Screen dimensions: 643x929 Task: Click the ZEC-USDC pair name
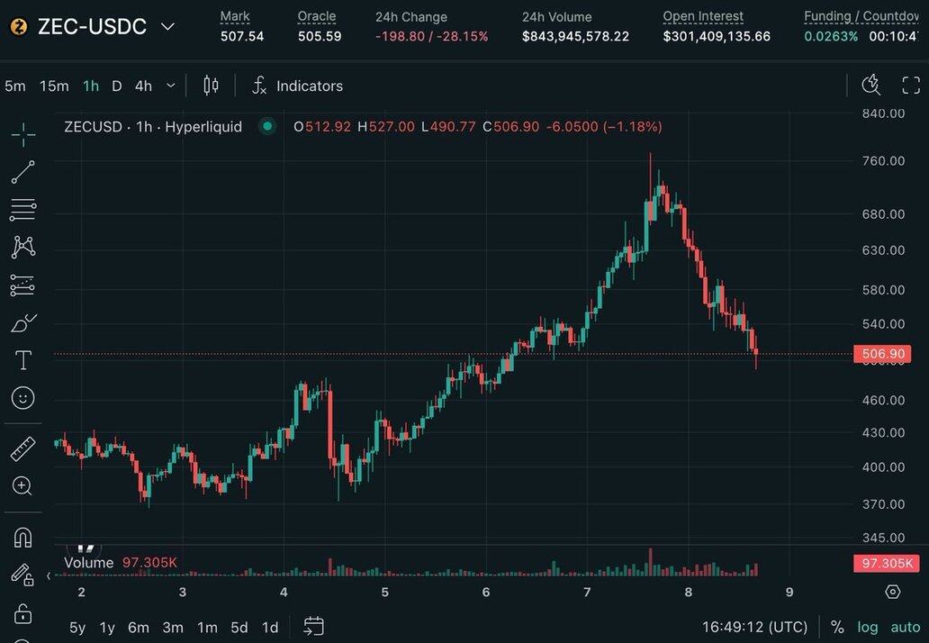coord(92,27)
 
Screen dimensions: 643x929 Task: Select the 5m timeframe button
coord(15,86)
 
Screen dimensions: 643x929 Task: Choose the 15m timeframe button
coord(54,86)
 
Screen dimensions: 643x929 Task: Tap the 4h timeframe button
coord(143,86)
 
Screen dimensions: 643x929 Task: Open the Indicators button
coord(309,86)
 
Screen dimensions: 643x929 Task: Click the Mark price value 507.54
coord(242,36)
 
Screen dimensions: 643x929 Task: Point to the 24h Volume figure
coord(575,36)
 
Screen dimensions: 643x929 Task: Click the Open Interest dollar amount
coord(717,36)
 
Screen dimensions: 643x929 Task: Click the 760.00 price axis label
coord(882,161)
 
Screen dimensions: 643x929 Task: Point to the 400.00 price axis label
coord(882,466)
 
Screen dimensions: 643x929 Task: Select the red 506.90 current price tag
coord(883,354)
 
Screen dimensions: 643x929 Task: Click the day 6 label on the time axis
coord(486,592)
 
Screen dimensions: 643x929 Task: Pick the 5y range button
coord(78,628)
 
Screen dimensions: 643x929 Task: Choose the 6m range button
coord(139,628)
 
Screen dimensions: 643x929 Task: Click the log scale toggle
coord(868,627)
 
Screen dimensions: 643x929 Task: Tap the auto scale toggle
coord(906,627)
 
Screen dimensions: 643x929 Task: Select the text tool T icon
coord(23,361)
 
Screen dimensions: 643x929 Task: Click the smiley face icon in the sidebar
coord(23,397)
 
